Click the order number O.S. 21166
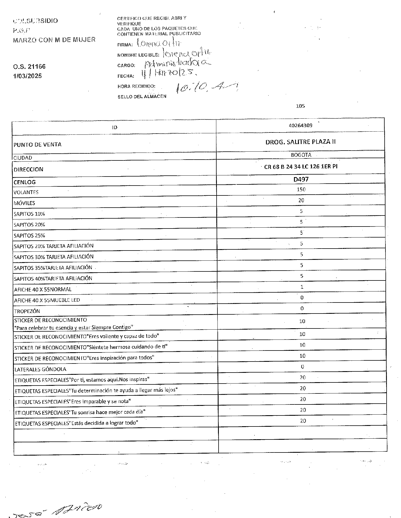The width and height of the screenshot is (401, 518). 29,67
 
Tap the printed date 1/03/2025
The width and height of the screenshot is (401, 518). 27,76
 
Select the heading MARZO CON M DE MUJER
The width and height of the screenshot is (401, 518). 54,40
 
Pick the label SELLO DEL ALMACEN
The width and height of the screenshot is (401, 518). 142,97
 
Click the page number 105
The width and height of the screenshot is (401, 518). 300,106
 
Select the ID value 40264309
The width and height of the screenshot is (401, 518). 300,125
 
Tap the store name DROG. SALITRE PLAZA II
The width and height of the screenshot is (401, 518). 300,142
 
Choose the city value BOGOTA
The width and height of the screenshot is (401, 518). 301,155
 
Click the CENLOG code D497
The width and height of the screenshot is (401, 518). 301,179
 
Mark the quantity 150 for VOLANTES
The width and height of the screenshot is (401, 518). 301,189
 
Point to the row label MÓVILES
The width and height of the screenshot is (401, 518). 24,203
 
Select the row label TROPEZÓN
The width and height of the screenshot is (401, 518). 27,311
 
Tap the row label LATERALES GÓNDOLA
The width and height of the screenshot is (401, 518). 40,369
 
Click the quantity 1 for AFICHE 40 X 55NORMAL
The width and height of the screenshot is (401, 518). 302,287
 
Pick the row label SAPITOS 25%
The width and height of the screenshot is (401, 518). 29,236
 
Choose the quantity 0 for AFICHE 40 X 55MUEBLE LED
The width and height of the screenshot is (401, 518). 302,298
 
